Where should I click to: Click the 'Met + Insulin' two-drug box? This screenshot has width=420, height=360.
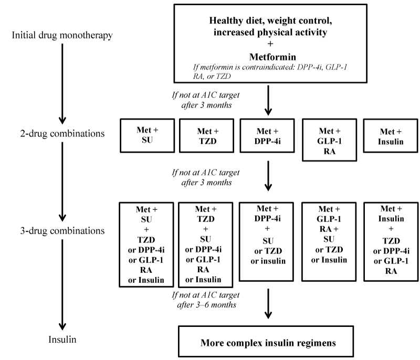pos(389,136)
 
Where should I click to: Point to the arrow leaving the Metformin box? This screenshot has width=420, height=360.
pos(268,100)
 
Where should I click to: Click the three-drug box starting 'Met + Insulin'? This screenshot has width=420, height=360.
pos(389,239)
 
